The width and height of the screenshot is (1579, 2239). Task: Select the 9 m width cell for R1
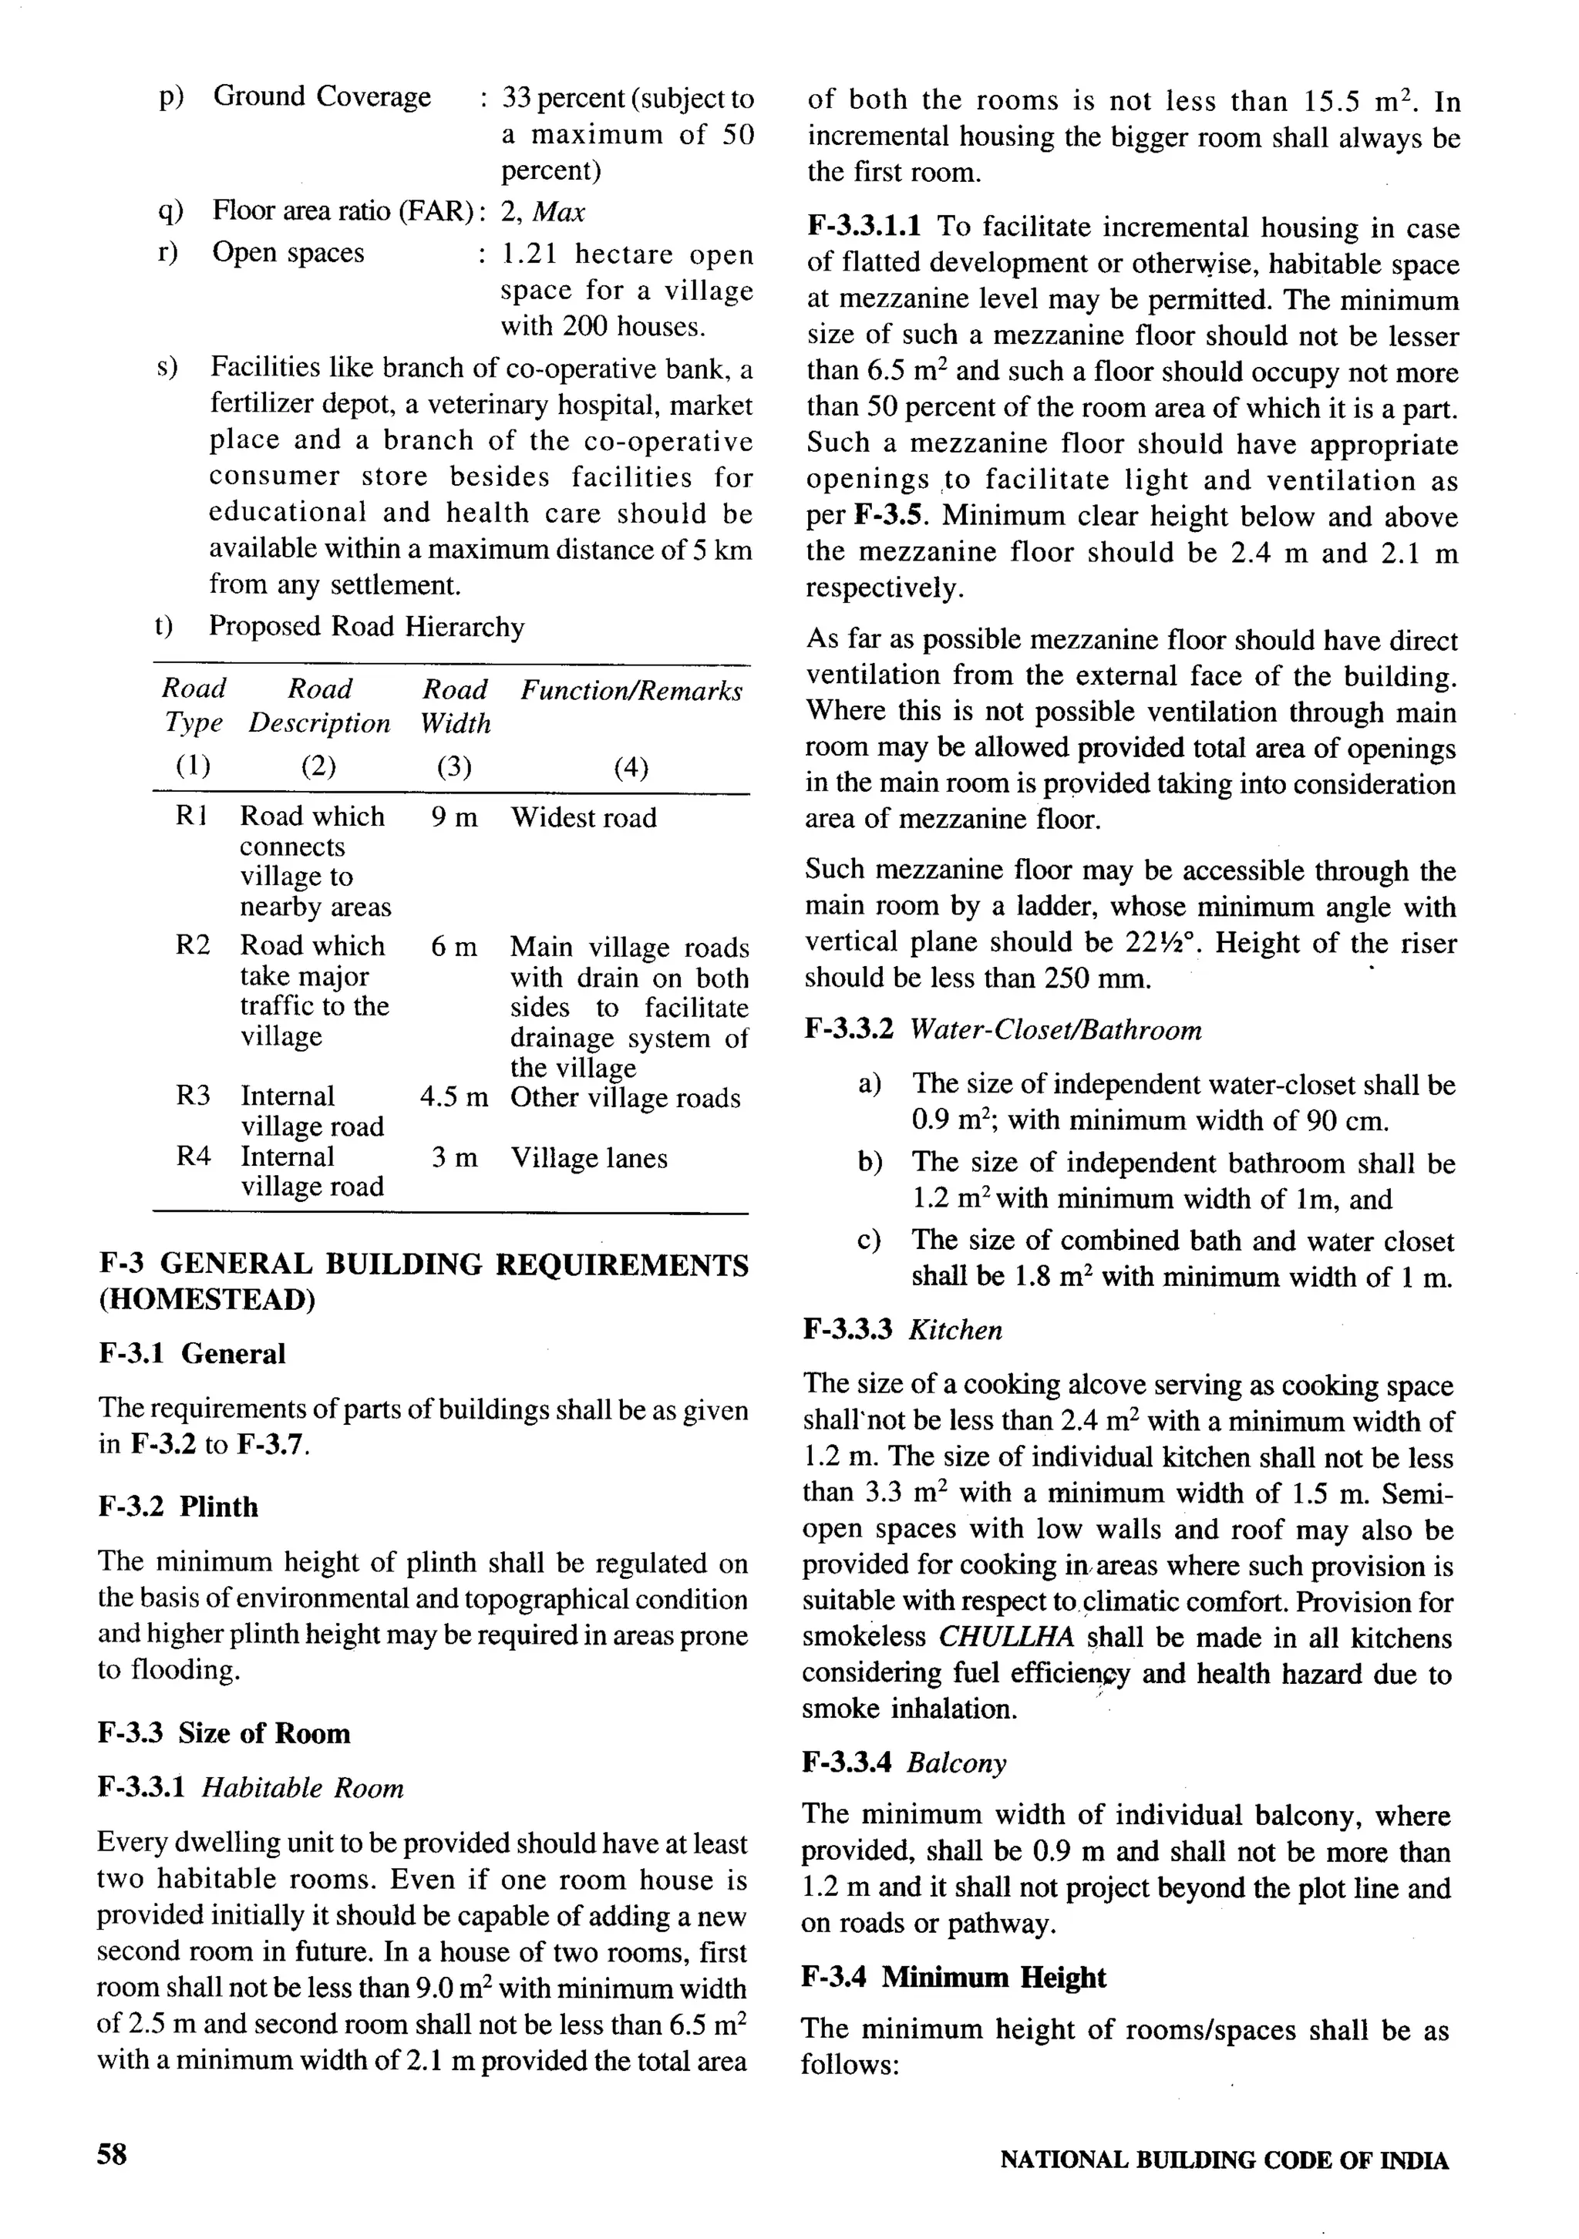tap(453, 817)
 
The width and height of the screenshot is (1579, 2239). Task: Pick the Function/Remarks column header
tap(630, 690)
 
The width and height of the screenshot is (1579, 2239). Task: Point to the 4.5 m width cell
tap(453, 1097)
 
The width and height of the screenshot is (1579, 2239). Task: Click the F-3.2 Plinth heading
tap(178, 1507)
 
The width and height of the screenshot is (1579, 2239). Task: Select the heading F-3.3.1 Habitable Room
tap(251, 1787)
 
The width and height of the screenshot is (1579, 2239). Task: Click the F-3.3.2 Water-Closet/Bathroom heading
tap(1002, 1030)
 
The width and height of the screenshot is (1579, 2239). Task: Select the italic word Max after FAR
tap(560, 211)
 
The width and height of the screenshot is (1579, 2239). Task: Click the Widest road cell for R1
tap(583, 817)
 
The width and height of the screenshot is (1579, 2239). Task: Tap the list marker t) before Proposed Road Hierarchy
tap(164, 626)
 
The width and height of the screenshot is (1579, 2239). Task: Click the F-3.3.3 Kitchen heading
tap(902, 1330)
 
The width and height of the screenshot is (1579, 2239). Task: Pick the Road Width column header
tap(454, 706)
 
